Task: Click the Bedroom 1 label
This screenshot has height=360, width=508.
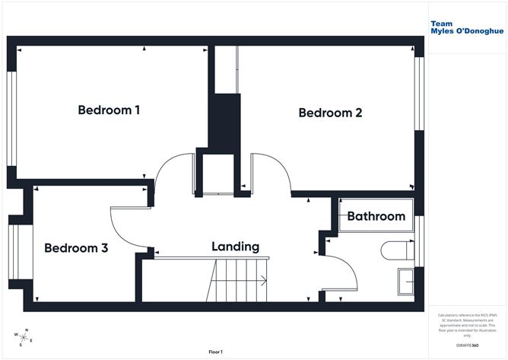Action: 109,110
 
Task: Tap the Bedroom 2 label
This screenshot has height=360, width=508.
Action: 330,113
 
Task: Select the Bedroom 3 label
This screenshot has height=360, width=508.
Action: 76,248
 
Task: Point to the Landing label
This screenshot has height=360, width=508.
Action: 235,247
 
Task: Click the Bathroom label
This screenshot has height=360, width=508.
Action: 376,216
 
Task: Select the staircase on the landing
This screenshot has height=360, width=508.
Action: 240,280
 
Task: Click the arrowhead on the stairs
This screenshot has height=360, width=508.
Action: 265,280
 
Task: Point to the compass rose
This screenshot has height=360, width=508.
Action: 23,336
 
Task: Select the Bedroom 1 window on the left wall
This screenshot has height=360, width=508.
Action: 11,117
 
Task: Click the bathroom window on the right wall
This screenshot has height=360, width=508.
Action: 418,231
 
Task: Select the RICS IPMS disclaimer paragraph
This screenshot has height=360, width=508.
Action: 462,324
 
